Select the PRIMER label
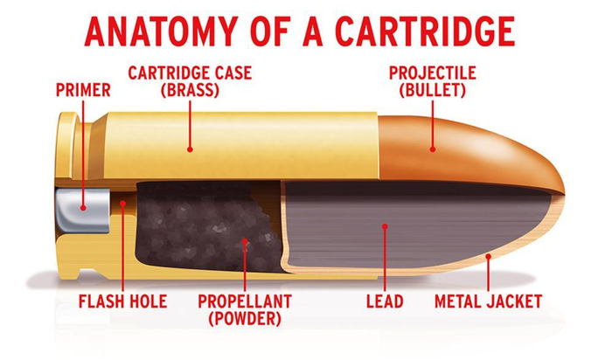(83, 90)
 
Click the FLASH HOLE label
(123, 301)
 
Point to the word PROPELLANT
(245, 301)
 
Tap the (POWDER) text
(245, 319)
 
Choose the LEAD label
(385, 301)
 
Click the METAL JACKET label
(488, 301)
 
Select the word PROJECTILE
(433, 73)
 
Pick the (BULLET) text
(433, 91)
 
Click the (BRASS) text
(190, 91)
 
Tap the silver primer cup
(82, 211)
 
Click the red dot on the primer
(83, 208)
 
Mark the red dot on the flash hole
(123, 204)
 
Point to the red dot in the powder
(245, 241)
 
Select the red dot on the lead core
(385, 226)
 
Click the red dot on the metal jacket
(488, 256)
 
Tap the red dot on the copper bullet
(433, 149)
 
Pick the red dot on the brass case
(190, 149)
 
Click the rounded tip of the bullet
(564, 191)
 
